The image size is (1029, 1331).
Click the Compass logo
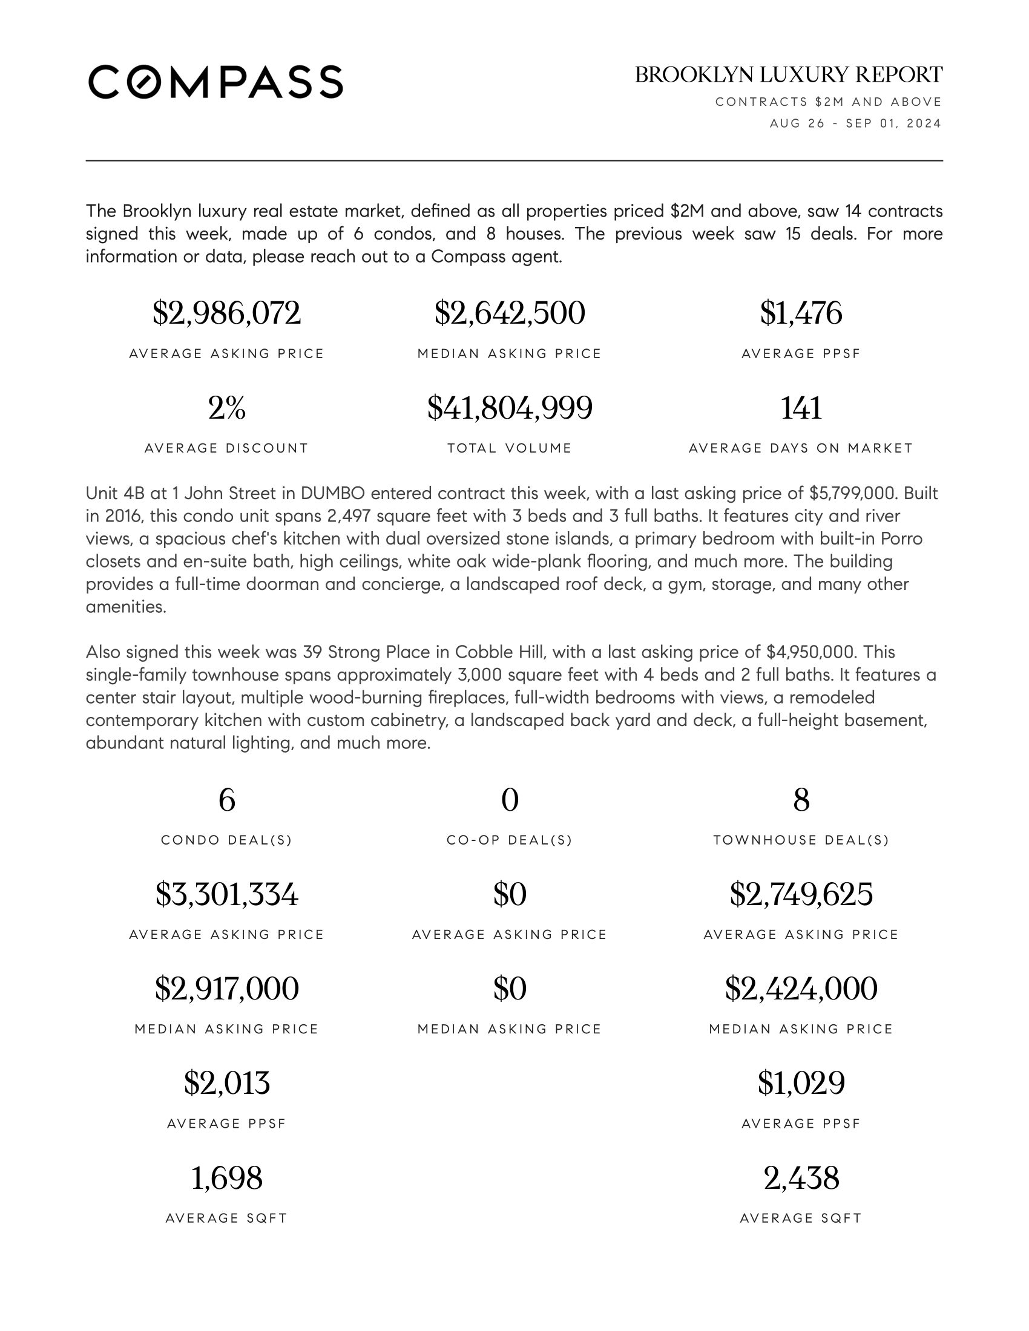click(x=215, y=82)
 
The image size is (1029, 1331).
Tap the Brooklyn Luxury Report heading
click(x=788, y=75)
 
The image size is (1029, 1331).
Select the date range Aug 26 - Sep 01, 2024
click(x=855, y=123)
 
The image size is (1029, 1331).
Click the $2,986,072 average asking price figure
click(x=226, y=313)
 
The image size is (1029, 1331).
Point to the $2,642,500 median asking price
click(x=510, y=313)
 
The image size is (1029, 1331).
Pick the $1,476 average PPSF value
click(x=801, y=313)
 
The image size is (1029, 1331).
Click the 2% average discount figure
click(x=226, y=408)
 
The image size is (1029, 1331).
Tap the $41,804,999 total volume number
click(x=510, y=408)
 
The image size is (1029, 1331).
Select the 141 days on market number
click(x=801, y=408)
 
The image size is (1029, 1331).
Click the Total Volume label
click(x=510, y=448)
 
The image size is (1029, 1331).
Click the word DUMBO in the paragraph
click(x=333, y=493)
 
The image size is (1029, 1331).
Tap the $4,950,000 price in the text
click(x=809, y=652)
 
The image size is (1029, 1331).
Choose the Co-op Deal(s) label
click(x=510, y=840)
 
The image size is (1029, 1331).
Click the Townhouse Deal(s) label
click(x=801, y=840)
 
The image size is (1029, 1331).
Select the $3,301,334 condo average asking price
click(x=226, y=894)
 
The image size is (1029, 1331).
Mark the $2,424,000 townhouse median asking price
click(x=801, y=989)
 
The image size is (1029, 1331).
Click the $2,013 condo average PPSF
click(x=226, y=1083)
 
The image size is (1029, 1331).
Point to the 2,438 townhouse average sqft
click(x=801, y=1178)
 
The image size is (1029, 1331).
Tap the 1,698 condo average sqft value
click(x=226, y=1178)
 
